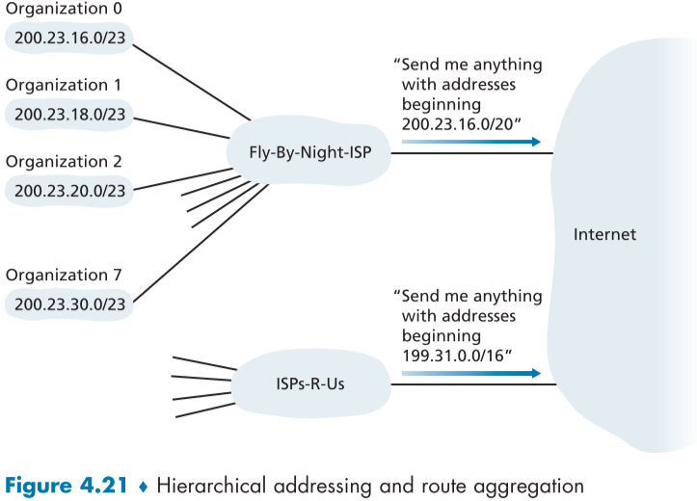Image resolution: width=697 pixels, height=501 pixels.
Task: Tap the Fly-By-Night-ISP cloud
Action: pos(307,152)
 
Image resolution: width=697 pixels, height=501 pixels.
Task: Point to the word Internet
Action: pos(604,234)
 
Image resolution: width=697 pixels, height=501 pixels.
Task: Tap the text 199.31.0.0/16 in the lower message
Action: pos(452,355)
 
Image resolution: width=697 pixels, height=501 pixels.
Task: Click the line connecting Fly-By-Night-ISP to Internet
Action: pos(472,153)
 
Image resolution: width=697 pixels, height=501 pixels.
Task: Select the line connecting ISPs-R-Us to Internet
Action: pos(472,384)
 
